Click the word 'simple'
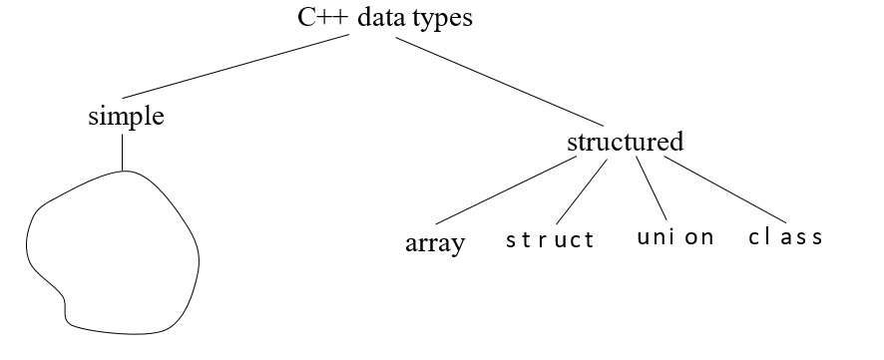tap(126, 117)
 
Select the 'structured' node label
tap(625, 142)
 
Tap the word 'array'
tap(435, 243)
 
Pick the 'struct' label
tap(550, 239)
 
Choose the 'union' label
tap(674, 237)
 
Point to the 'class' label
tap(785, 237)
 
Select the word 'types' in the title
tap(444, 17)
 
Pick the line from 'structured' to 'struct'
tap(582, 191)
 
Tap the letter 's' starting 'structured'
tap(571, 143)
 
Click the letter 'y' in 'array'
tap(458, 246)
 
